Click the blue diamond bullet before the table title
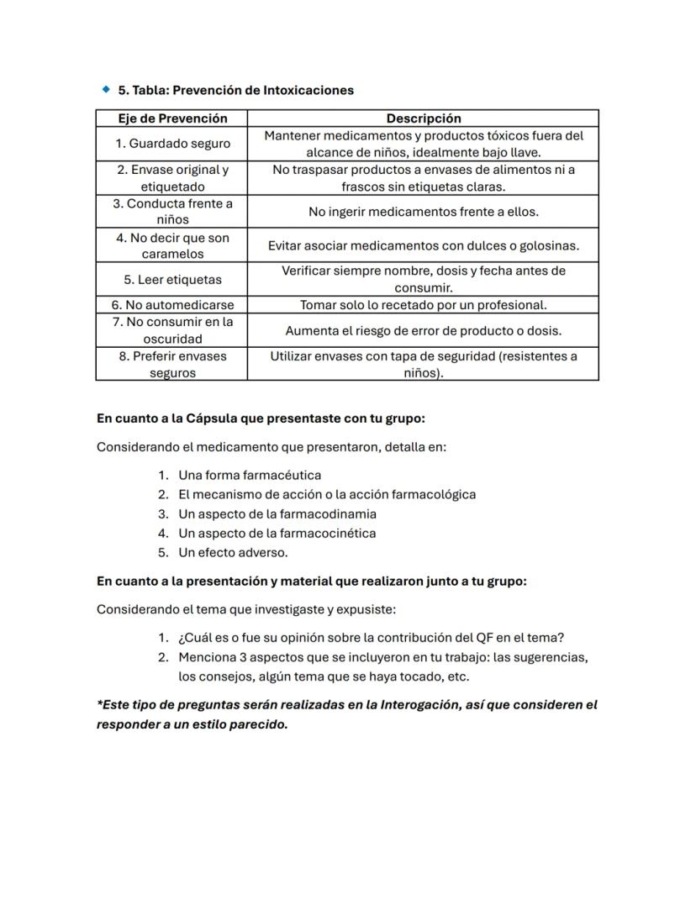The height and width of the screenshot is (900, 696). pyautogui.click(x=106, y=89)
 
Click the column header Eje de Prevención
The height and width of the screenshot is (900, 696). pyautogui.click(x=171, y=118)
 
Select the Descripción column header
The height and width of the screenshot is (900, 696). pyautogui.click(x=423, y=118)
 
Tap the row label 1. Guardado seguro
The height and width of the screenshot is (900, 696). pyautogui.click(x=172, y=144)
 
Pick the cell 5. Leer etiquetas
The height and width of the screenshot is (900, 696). pyautogui.click(x=172, y=279)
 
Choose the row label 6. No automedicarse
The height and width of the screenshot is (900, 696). pyautogui.click(x=172, y=305)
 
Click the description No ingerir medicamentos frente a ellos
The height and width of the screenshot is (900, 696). pyautogui.click(x=423, y=212)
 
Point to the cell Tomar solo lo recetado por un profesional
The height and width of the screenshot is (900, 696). pyautogui.click(x=423, y=305)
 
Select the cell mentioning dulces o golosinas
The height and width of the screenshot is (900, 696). pyautogui.click(x=423, y=245)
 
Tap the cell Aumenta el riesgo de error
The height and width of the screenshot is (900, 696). pyautogui.click(x=423, y=330)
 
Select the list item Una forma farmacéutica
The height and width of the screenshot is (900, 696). pyautogui.click(x=250, y=475)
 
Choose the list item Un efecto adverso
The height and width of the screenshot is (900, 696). pyautogui.click(x=233, y=552)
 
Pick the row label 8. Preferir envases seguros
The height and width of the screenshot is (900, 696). pyautogui.click(x=172, y=365)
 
